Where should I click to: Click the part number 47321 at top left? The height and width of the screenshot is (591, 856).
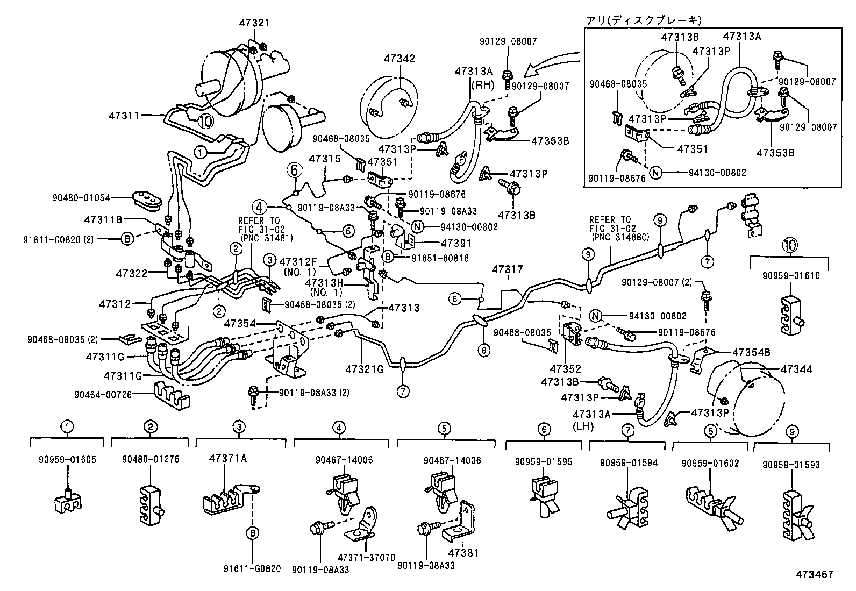click(255, 23)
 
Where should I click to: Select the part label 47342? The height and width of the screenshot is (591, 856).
click(399, 59)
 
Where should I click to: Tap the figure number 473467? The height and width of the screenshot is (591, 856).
click(815, 574)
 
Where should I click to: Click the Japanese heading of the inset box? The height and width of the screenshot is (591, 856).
click(643, 20)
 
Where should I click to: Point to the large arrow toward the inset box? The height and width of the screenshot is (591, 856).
click(554, 62)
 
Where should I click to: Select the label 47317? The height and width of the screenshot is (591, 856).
click(507, 269)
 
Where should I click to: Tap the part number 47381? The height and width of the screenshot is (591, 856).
click(462, 552)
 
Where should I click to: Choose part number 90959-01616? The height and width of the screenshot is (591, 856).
click(791, 276)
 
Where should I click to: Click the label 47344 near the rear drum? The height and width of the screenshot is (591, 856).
click(796, 369)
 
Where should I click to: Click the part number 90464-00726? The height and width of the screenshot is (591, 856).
click(103, 395)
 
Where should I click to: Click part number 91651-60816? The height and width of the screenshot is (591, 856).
click(440, 258)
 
